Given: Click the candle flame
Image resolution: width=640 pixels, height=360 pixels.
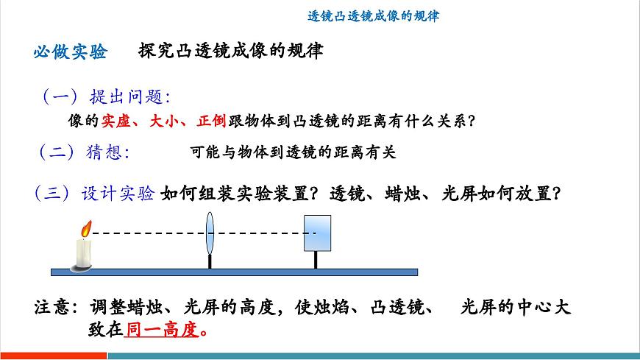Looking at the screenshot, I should pos(85,229).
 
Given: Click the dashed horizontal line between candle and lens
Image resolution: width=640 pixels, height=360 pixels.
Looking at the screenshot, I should pos(147,233).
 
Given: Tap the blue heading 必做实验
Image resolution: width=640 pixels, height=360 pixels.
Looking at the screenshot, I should pos(71,52).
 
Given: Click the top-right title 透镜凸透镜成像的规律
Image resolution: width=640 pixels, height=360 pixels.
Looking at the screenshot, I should pos(373,15).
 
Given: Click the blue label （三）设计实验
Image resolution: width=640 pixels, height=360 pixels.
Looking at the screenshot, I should pos(94,194).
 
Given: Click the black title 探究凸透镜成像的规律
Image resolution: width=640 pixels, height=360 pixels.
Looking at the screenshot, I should pos(230,52).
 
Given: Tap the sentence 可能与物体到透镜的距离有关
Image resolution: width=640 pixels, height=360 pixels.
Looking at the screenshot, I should pos(293,152).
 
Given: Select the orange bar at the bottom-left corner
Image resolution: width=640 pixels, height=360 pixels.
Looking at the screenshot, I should pos(51,356).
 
